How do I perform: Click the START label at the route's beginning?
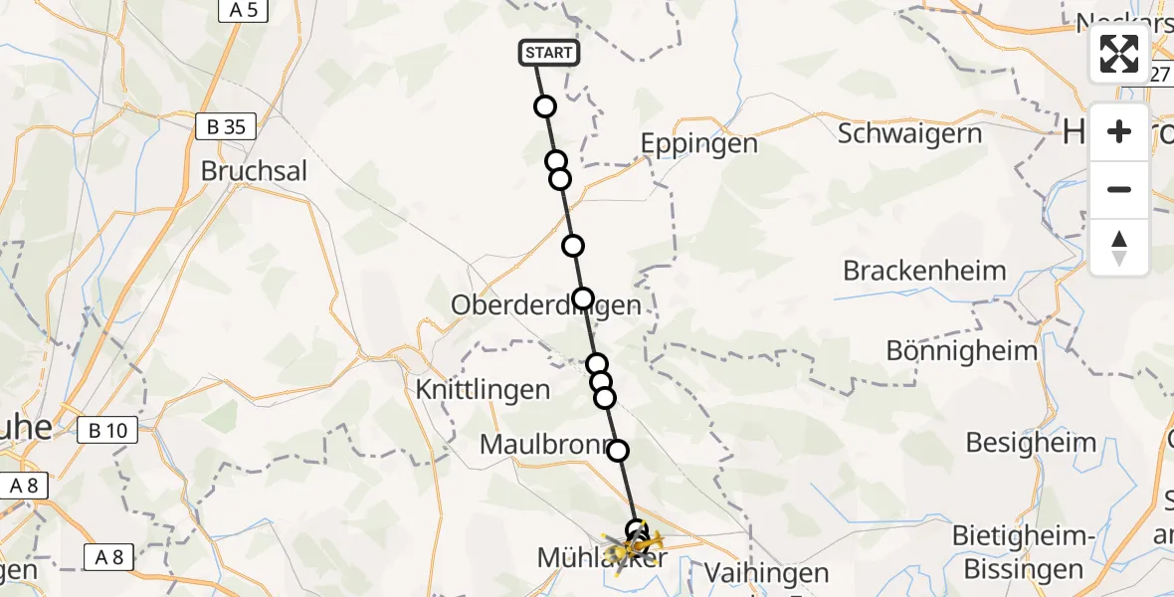click(x=548, y=53)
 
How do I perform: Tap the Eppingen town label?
click(x=698, y=143)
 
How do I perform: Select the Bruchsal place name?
click(x=254, y=170)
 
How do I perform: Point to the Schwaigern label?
click(x=909, y=133)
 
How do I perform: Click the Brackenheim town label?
click(x=924, y=271)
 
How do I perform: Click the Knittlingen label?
click(x=484, y=389)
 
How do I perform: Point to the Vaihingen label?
click(x=766, y=573)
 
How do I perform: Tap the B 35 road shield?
click(x=225, y=126)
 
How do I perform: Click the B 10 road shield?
click(x=107, y=431)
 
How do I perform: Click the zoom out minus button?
click(x=1119, y=189)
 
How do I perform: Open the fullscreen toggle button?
click(x=1119, y=54)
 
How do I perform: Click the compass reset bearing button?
click(x=1119, y=248)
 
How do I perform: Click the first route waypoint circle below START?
click(x=544, y=106)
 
